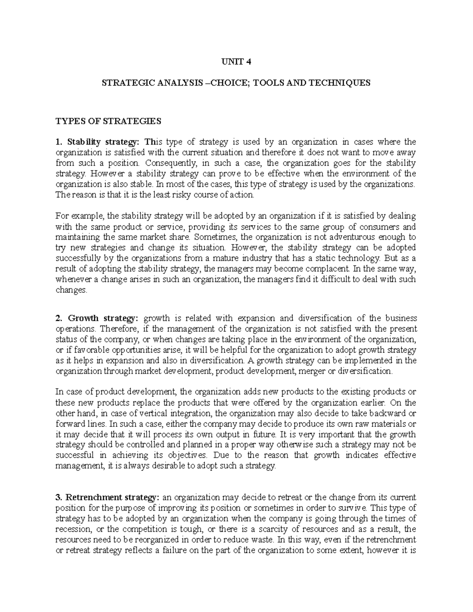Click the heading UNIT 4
[x=236, y=62]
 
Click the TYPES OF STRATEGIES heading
[x=108, y=121]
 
